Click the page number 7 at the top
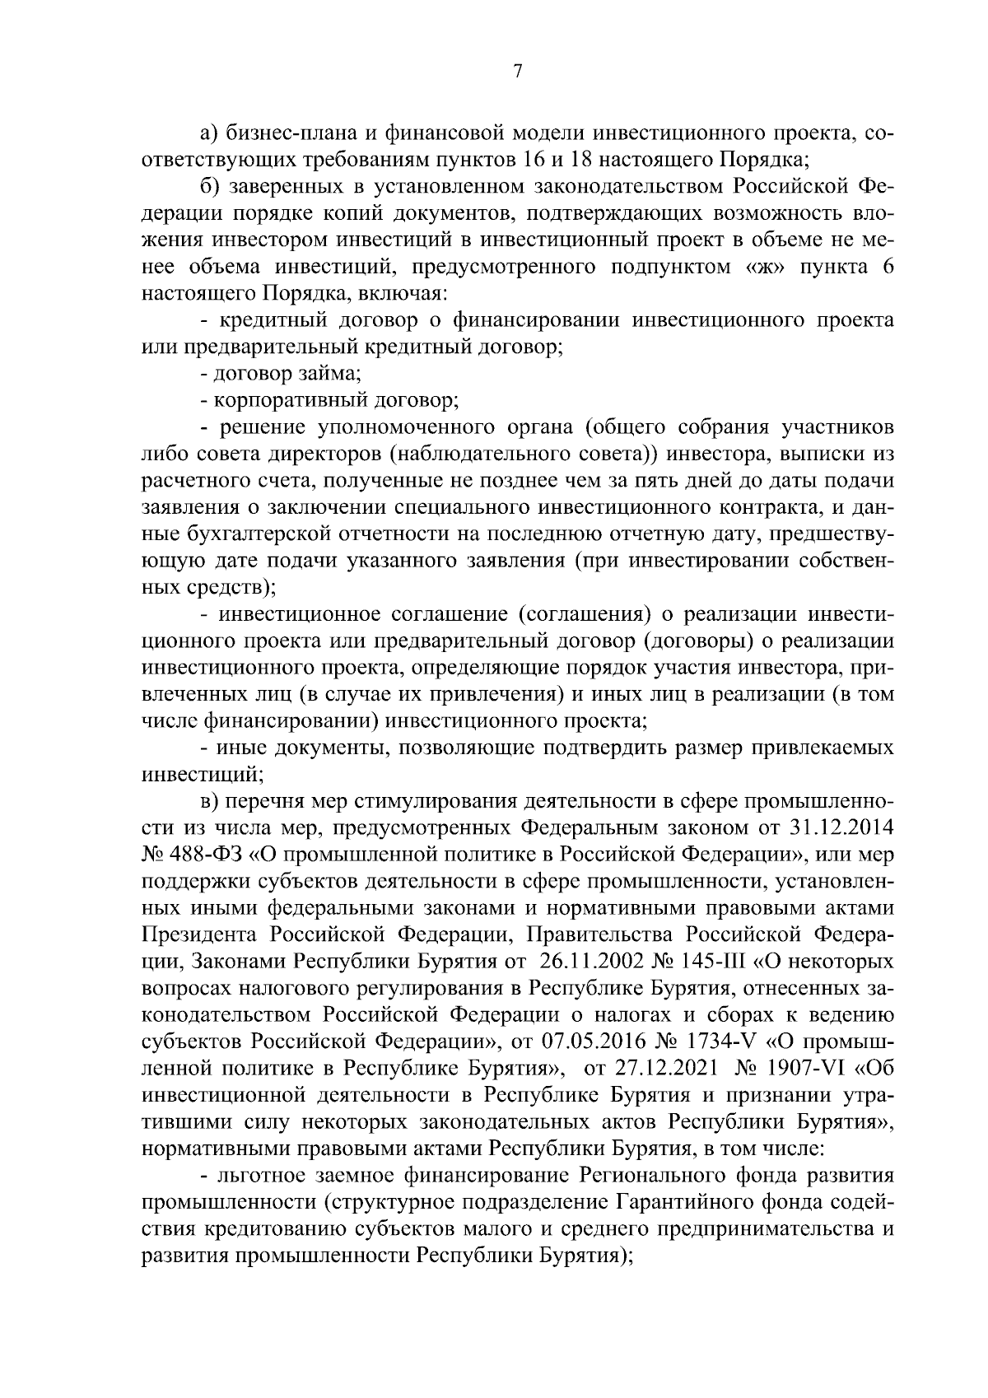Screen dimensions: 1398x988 (517, 72)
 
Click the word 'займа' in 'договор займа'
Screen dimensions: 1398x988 (333, 375)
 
